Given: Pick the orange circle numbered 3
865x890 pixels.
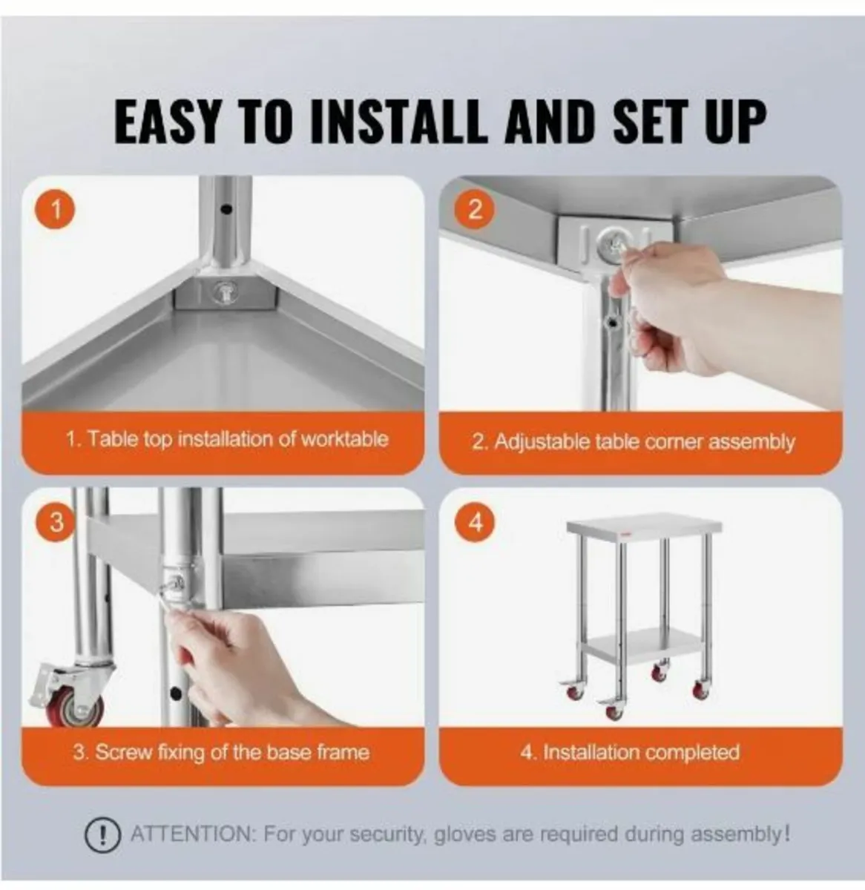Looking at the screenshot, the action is (x=56, y=522).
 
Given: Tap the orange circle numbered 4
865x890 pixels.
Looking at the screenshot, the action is (x=475, y=522).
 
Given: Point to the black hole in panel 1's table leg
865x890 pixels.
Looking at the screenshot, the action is (x=226, y=209).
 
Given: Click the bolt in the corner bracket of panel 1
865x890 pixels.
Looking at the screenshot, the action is (x=223, y=291).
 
